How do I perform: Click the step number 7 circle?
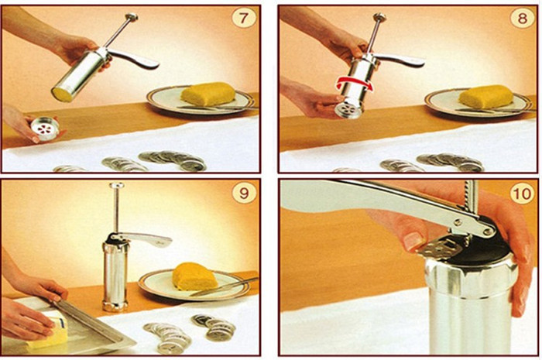point(244,18)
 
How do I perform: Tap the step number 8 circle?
point(522,18)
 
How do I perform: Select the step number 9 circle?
point(244,193)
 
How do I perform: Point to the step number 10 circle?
point(522,194)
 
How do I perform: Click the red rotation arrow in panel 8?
point(355,83)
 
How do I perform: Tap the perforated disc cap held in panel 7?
point(44,129)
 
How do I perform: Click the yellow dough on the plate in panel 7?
point(208,93)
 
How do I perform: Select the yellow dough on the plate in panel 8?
point(486,97)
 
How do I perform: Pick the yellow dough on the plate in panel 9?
point(194,276)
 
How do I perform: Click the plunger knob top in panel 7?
point(132,16)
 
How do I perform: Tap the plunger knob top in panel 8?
point(379,16)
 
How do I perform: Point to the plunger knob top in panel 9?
point(117,185)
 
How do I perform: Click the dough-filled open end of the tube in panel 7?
point(62,94)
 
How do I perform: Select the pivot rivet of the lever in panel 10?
point(489,231)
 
